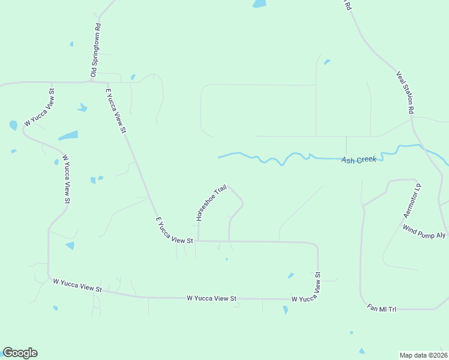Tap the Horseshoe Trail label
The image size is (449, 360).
point(211,203)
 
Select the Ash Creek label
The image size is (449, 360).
point(358,160)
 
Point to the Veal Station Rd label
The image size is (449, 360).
point(405,93)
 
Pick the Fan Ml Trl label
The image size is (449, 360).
point(382,308)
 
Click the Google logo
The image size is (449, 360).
point(20,353)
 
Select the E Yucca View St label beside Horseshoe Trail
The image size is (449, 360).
point(174,230)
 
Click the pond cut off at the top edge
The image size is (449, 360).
point(259,4)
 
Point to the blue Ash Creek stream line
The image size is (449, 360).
point(270,160)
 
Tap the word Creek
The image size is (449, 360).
point(367,160)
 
